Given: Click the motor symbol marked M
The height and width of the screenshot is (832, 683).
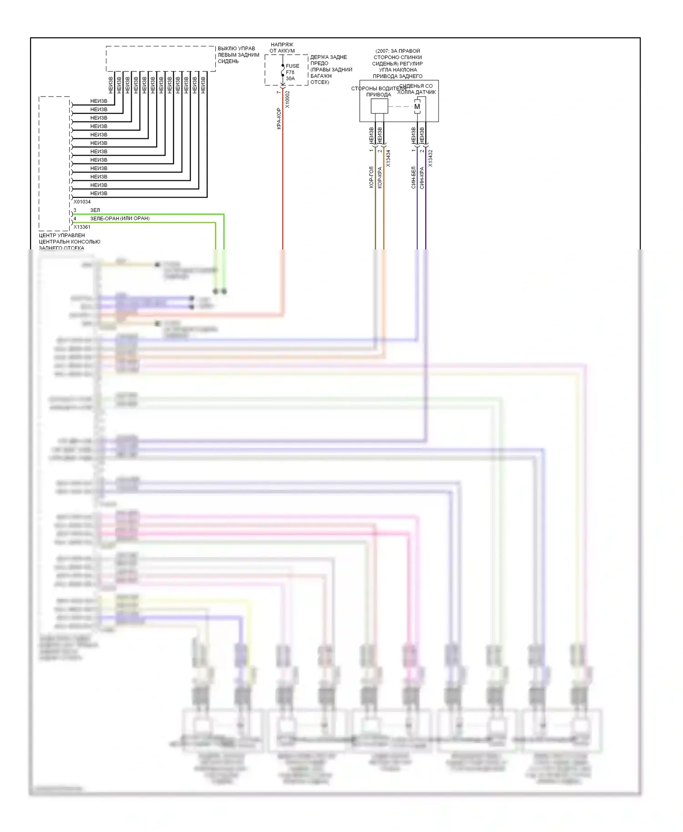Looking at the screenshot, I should pos(417,107).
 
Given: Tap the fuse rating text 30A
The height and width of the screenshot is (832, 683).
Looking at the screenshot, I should pos(291,79).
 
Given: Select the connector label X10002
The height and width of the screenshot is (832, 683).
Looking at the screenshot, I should pos(287,99).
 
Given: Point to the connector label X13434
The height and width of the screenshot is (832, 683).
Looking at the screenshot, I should pos(388,158).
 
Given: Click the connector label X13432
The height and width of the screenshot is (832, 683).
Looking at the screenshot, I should pos(430,158).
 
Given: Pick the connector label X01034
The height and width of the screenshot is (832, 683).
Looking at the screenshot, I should pos(82,202).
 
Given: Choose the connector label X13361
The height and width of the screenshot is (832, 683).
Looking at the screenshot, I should pos(82,227).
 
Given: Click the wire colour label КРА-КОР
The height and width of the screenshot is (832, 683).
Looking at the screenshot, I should pos(279,118).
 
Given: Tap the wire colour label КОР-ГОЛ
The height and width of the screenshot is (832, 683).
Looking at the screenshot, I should pos(371,177).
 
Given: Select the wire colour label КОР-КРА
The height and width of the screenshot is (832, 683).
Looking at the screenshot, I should pos(380,178).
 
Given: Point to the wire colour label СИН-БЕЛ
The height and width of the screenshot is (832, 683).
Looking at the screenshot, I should pos(413,177).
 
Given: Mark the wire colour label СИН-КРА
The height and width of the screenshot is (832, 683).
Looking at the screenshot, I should pos(422,178).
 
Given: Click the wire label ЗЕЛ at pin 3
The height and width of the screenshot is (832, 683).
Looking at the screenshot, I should pos(95,210).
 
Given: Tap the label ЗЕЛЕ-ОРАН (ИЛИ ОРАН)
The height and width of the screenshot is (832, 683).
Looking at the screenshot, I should pos(120,218).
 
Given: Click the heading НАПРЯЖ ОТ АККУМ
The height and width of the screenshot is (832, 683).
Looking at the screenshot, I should pos(282,48).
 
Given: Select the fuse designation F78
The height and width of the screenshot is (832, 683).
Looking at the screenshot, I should pos(290,72).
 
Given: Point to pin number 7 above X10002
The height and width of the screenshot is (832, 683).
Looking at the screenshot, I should pos(279,92).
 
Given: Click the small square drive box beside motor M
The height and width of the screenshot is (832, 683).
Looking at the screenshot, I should pos(379,106).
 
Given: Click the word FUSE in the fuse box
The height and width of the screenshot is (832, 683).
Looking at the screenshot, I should pos(292,66).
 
